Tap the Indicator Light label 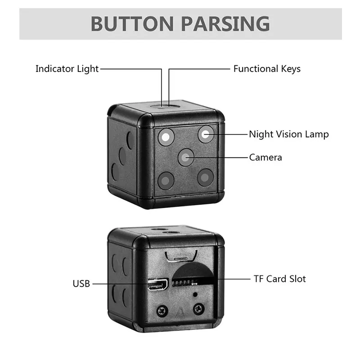(x=67, y=69)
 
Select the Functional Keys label (x=267, y=69)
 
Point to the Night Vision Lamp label (x=289, y=134)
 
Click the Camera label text (x=265, y=157)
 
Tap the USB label (x=81, y=283)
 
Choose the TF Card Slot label (x=279, y=279)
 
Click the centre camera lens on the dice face (x=186, y=157)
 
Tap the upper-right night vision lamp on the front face (x=206, y=134)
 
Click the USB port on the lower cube (x=157, y=284)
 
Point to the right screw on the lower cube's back (x=198, y=309)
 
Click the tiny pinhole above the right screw (x=195, y=295)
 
